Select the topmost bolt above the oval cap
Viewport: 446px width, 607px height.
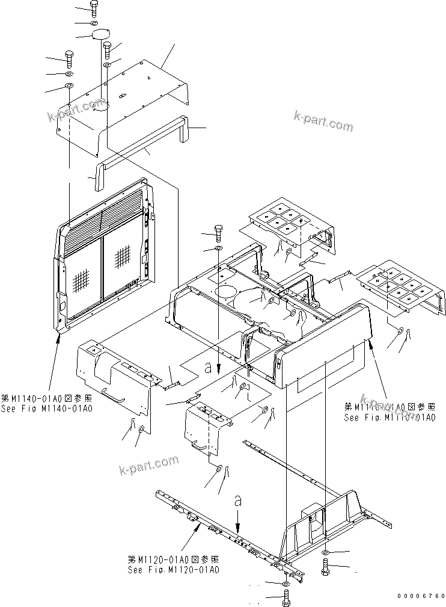coord(94,7)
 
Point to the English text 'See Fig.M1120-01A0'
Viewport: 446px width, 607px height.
coord(174,569)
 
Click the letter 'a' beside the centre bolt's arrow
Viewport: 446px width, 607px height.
coord(208,365)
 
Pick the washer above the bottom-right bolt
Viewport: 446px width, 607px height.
coord(325,552)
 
